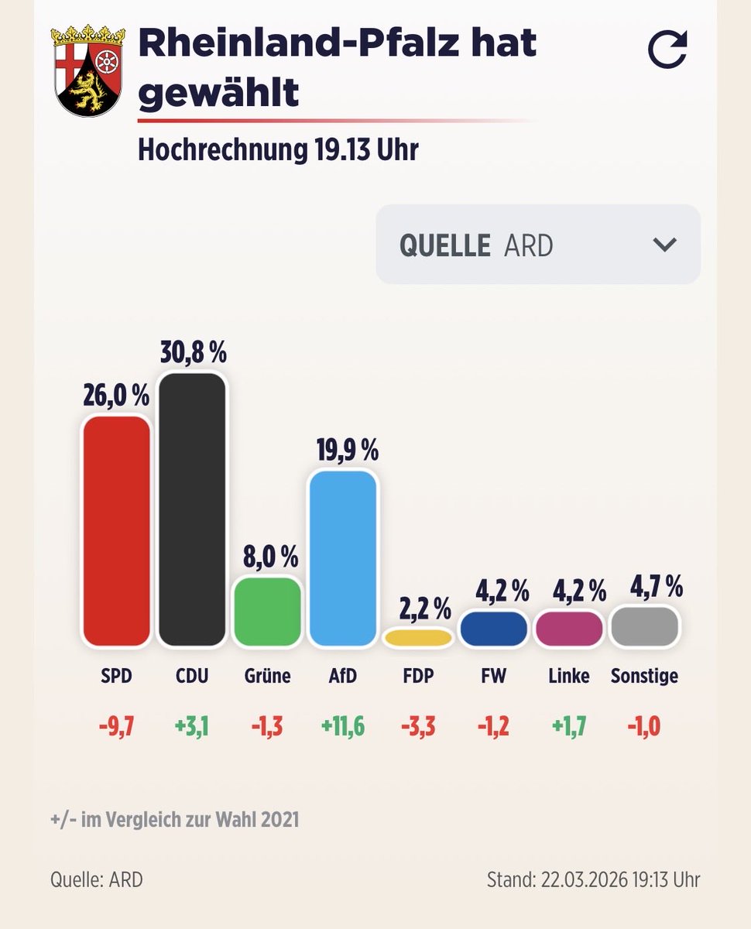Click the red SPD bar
(116, 531)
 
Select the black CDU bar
(192, 509)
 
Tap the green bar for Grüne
(267, 612)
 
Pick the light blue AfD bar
(342, 558)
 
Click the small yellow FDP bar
(418, 637)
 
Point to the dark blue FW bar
(493, 629)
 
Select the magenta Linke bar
(568, 629)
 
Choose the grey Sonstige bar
(644, 626)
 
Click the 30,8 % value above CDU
(193, 353)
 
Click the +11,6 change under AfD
(342, 727)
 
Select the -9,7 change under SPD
(116, 727)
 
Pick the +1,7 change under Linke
(568, 727)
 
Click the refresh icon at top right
(667, 50)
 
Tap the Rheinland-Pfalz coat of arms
(87, 70)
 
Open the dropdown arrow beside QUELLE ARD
(664, 245)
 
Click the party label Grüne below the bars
(267, 676)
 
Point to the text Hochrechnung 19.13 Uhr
(278, 149)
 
